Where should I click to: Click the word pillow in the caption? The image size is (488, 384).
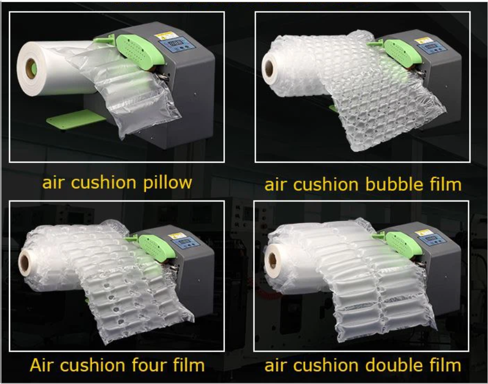point(168,183)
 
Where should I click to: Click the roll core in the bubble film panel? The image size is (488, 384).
point(269,68)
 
